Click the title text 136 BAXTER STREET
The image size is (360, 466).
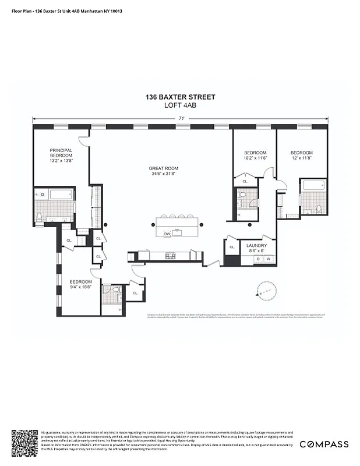click(x=180, y=97)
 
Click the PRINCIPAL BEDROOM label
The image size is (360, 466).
click(x=61, y=153)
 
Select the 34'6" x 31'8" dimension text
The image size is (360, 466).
click(x=163, y=174)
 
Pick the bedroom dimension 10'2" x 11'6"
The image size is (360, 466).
click(x=254, y=158)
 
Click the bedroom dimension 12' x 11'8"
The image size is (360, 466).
click(x=301, y=158)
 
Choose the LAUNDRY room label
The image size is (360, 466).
click(x=256, y=246)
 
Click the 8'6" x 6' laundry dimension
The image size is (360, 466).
click(x=256, y=251)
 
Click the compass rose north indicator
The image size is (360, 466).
click(x=266, y=290)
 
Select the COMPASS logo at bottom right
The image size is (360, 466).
click(x=324, y=444)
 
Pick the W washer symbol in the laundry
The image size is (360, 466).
click(x=269, y=259)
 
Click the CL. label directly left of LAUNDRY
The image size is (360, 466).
click(x=232, y=247)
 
